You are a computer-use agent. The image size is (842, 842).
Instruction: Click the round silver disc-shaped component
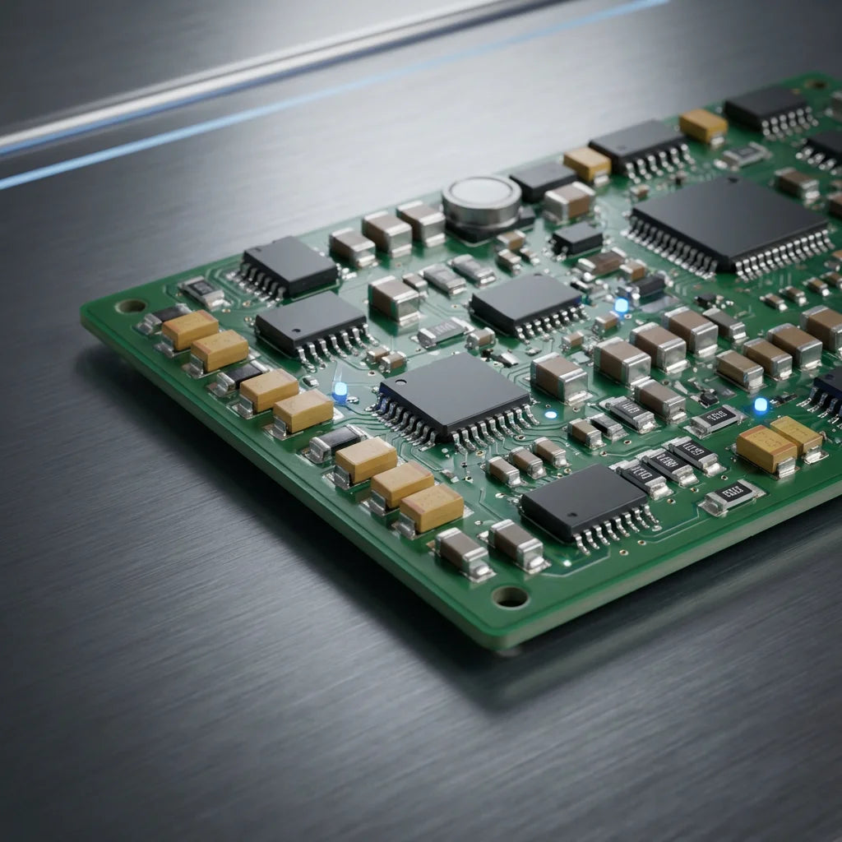(x=481, y=198)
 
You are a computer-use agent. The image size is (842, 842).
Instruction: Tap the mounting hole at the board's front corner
(x=510, y=596)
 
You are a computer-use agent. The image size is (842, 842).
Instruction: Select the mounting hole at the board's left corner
(x=131, y=307)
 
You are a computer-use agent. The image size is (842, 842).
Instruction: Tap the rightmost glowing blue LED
(x=761, y=405)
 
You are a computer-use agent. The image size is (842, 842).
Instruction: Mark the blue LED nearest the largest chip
(x=622, y=305)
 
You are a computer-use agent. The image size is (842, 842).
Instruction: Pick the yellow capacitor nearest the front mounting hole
(x=432, y=507)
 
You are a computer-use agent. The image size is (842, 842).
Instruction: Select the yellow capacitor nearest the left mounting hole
(x=190, y=329)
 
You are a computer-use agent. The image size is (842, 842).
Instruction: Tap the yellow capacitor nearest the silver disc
(x=587, y=164)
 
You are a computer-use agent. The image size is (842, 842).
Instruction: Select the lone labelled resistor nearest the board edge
(x=732, y=496)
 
